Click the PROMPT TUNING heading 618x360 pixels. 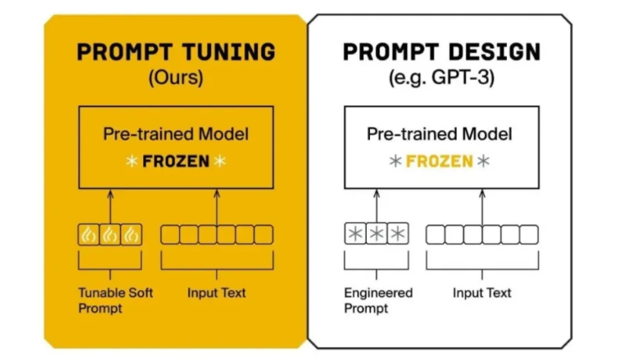pos(176,52)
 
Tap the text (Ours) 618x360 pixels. pos(176,79)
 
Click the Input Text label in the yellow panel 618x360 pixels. pos(217,293)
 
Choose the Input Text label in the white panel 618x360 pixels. pos(482,293)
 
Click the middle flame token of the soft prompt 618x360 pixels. pos(111,235)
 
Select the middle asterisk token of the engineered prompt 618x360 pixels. pos(376,235)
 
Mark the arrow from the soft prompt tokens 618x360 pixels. pos(111,206)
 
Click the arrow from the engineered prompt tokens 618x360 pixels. pos(376,206)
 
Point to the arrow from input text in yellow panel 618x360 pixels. pos(217,206)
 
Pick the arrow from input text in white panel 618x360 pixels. pos(482,206)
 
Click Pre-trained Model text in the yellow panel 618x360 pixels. pos(176,134)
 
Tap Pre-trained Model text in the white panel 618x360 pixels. pos(439,134)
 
